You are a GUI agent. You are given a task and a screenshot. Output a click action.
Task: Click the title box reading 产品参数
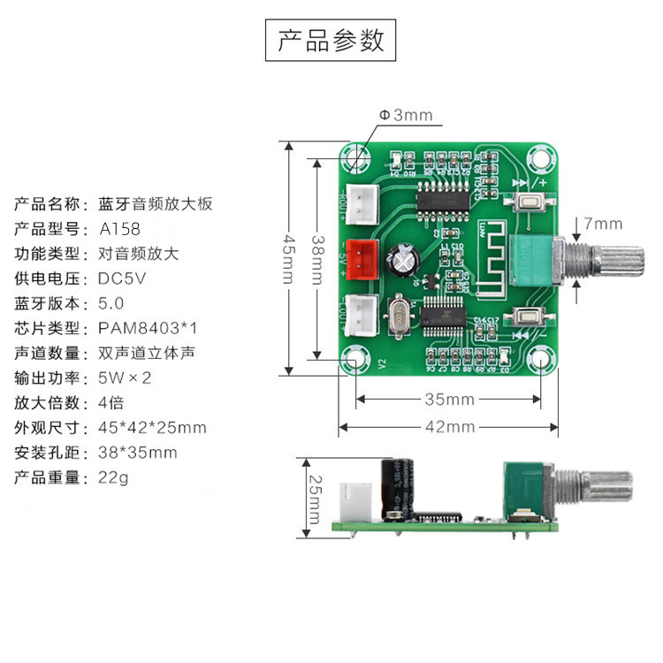pos(331,41)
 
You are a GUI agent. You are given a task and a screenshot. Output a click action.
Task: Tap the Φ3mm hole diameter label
pos(406,115)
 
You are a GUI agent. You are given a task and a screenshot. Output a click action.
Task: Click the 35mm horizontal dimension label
pos(449,400)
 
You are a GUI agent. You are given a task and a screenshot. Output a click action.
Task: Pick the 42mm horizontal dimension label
pos(449,427)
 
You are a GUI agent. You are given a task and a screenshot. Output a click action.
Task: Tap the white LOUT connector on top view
pos(362,311)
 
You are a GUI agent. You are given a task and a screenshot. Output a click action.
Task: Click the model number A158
pos(118,229)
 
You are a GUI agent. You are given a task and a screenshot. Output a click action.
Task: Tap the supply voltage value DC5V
pos(123,278)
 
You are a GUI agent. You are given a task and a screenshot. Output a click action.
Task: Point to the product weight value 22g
pos(113,477)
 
